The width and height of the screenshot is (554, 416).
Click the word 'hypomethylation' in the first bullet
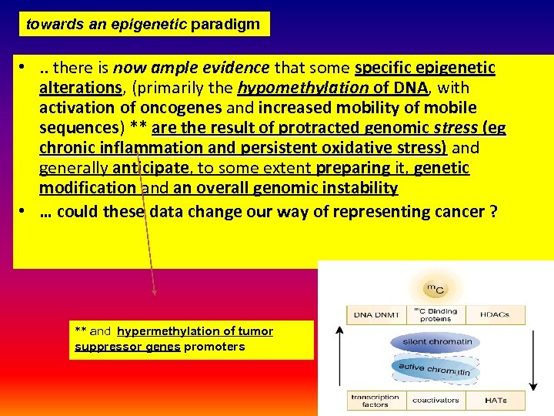click(304, 88)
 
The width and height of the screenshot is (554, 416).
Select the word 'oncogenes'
click(183, 108)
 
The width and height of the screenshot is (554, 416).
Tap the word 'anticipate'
click(151, 168)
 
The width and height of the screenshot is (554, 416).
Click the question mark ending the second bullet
click(492, 212)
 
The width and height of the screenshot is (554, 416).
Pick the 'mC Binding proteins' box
click(436, 315)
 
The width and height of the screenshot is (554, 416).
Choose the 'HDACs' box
click(498, 315)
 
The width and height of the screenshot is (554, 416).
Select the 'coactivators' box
click(436, 400)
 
